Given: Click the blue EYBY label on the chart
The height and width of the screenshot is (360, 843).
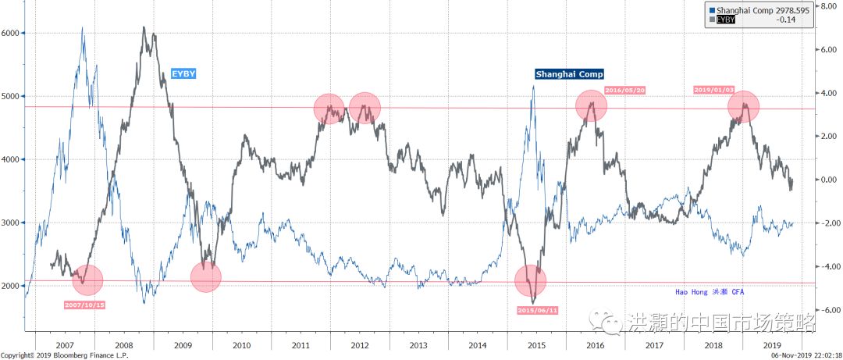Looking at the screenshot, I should tap(183, 73).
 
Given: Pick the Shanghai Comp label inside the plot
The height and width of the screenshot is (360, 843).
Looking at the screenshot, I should tap(569, 74).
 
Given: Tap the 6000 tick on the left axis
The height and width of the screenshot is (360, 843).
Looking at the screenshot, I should tap(12, 33).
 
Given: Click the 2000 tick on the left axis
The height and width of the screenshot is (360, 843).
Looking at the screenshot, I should tap(12, 286).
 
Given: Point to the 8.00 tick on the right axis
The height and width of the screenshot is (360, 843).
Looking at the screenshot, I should tap(826, 5).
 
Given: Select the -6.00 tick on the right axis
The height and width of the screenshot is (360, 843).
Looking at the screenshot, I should tap(826, 310).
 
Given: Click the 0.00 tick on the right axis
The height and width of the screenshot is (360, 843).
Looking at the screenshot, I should tap(826, 180).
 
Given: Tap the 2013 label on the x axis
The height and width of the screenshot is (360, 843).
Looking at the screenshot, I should tap(418, 344).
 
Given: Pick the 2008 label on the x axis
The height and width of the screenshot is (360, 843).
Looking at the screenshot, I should tap(123, 344).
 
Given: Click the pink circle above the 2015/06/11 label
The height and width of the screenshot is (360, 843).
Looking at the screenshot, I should tap(531, 280).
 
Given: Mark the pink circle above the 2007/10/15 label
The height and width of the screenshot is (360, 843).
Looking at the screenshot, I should tap(87, 279).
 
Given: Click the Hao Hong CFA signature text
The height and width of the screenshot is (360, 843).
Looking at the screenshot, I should tap(712, 292).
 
